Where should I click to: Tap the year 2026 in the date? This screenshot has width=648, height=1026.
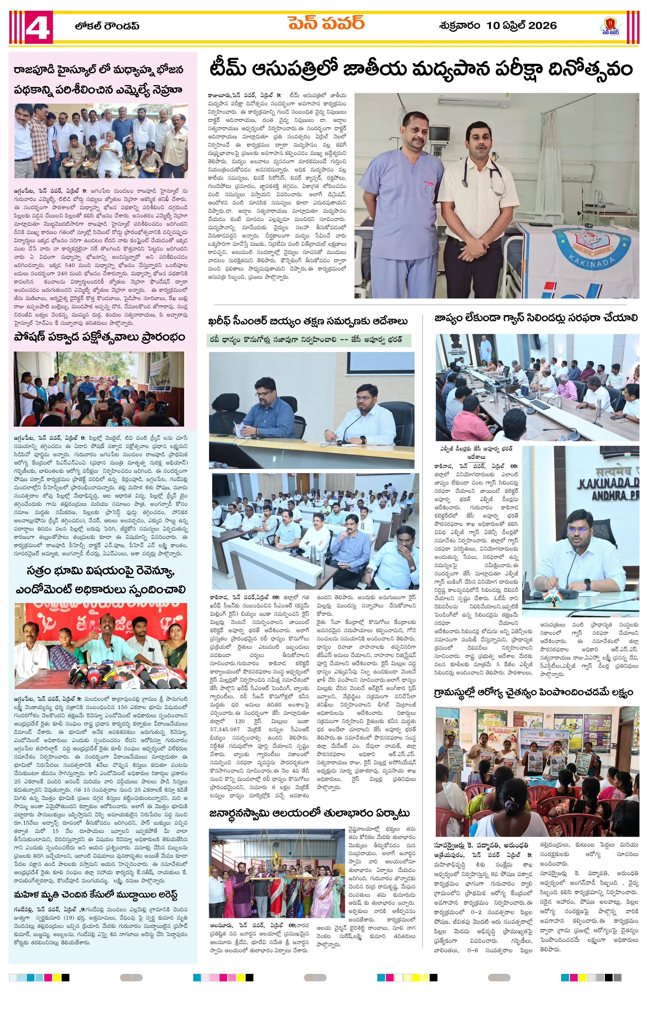tap(542, 26)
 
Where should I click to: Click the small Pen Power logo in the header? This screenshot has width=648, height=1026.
tap(611, 26)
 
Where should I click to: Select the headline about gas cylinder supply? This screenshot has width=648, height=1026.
tap(536, 318)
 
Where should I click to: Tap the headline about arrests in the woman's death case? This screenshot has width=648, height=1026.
tap(96, 894)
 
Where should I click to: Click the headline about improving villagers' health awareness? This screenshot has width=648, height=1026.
tap(536, 693)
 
